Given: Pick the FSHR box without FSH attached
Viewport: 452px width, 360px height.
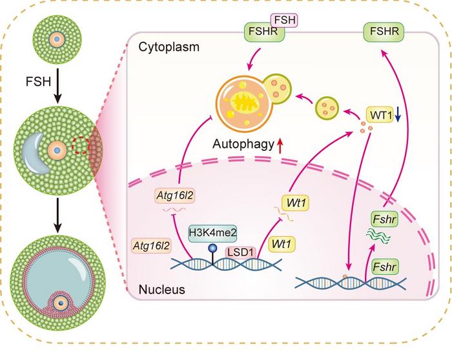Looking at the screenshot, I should (x=380, y=30).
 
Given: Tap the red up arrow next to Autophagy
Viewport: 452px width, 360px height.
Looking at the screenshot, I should (x=280, y=148).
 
